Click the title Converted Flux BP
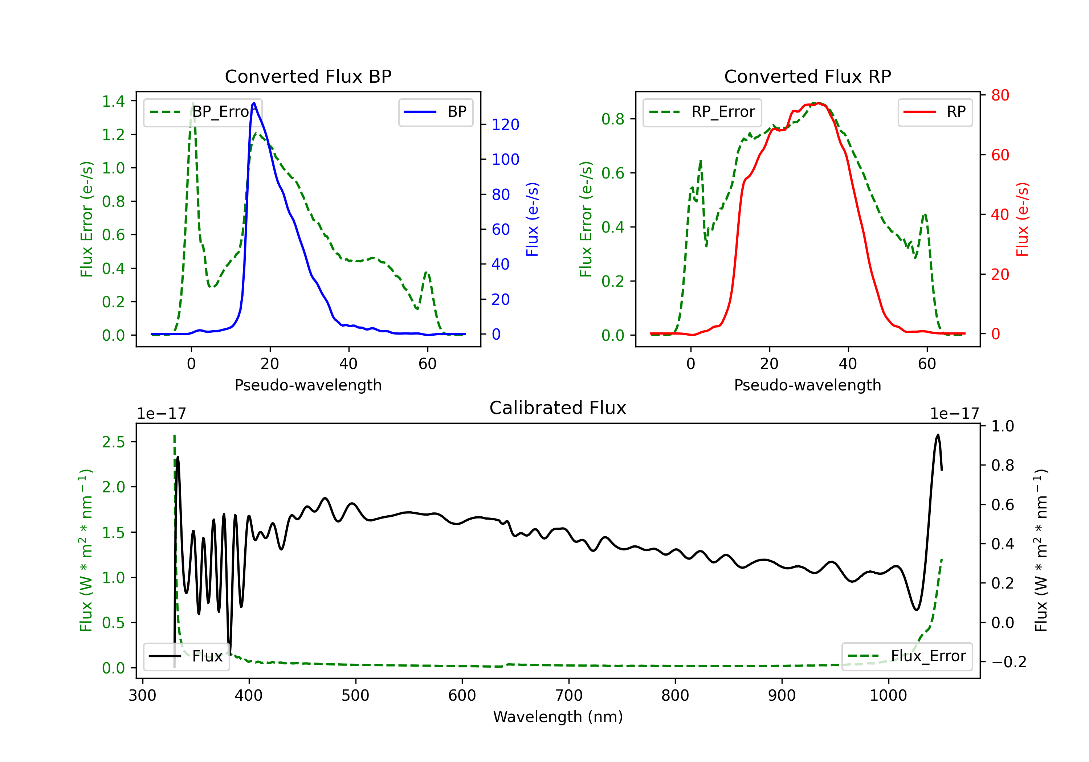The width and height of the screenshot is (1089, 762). point(308,76)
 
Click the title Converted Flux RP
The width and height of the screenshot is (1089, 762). point(808,76)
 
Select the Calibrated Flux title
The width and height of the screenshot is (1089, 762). point(558,408)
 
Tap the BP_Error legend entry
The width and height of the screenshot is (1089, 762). point(203,112)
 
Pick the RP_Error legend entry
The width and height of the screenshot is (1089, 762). point(702,112)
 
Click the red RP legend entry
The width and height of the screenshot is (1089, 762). point(935,112)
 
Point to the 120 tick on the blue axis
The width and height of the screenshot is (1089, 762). point(506,125)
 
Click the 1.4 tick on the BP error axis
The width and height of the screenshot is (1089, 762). point(113,101)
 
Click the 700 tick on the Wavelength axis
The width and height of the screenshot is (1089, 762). point(569,696)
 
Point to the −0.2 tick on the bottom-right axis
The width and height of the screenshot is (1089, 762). point(1009,661)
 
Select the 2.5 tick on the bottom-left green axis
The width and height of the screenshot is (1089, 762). point(113,442)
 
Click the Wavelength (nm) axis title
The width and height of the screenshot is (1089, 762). point(558,717)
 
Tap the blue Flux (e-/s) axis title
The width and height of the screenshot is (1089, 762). point(532,219)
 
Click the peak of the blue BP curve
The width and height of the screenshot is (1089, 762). point(254,103)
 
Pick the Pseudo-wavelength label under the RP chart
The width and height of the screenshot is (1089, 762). point(808,385)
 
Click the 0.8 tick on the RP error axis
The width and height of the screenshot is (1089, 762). point(613,119)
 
